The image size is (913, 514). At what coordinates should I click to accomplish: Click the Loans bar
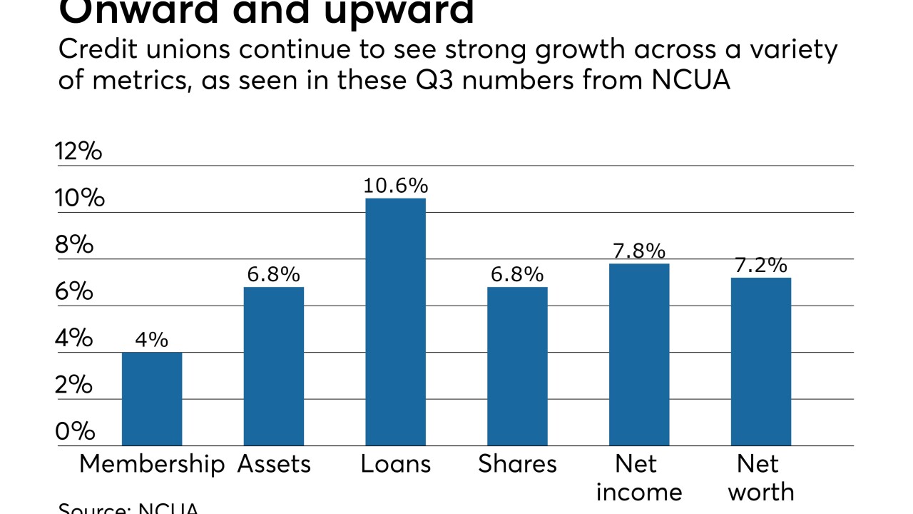[x=395, y=321]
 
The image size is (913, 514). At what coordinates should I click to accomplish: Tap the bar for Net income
[x=639, y=354]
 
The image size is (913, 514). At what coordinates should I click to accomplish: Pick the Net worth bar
[x=760, y=361]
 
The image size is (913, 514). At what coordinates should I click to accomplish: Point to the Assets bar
[x=274, y=366]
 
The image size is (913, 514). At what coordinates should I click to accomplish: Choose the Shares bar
[x=517, y=366]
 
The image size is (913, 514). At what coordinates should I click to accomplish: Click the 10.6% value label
[x=395, y=186]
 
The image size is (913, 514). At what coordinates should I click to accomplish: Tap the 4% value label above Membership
[x=152, y=339]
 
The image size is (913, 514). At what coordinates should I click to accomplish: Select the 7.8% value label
[x=639, y=251]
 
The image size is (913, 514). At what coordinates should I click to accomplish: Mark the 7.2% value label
[x=760, y=266]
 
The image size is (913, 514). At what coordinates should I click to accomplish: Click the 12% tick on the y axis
[x=78, y=151]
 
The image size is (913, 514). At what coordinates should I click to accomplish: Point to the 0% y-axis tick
[x=75, y=431]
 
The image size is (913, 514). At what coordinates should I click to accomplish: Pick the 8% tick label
[x=75, y=244]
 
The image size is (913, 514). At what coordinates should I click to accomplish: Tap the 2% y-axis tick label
[x=75, y=385]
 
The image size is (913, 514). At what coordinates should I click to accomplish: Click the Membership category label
[x=152, y=464]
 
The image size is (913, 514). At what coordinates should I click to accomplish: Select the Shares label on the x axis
[x=517, y=464]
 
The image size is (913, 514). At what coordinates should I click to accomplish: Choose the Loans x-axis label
[x=395, y=464]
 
